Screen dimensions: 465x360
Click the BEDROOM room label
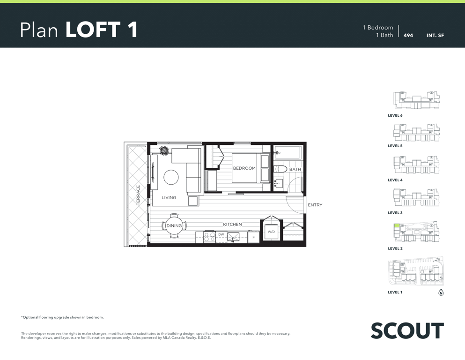tap(244, 168)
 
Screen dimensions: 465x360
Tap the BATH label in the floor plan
tap(295, 170)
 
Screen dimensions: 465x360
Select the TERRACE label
tap(138, 195)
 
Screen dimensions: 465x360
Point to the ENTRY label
tap(315, 205)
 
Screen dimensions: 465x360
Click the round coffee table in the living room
tap(171, 177)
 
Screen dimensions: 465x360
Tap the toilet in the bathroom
tap(280, 169)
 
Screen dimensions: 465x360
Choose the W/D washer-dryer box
tap(271, 232)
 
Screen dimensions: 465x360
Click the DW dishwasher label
tap(221, 234)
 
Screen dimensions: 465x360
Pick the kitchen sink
tap(233, 237)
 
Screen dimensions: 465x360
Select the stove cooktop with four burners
tap(210, 237)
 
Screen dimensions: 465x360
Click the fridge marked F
tap(253, 237)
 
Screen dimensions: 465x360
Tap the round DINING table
tap(174, 226)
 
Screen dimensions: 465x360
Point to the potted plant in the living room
tap(164, 150)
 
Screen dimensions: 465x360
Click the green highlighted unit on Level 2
tap(397, 226)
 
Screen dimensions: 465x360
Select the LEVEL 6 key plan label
tap(395, 115)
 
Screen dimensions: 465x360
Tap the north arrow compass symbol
tap(441, 292)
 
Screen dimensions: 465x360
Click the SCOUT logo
tap(407, 330)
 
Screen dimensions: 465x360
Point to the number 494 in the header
tap(408, 35)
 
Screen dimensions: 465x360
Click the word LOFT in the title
tap(93, 30)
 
